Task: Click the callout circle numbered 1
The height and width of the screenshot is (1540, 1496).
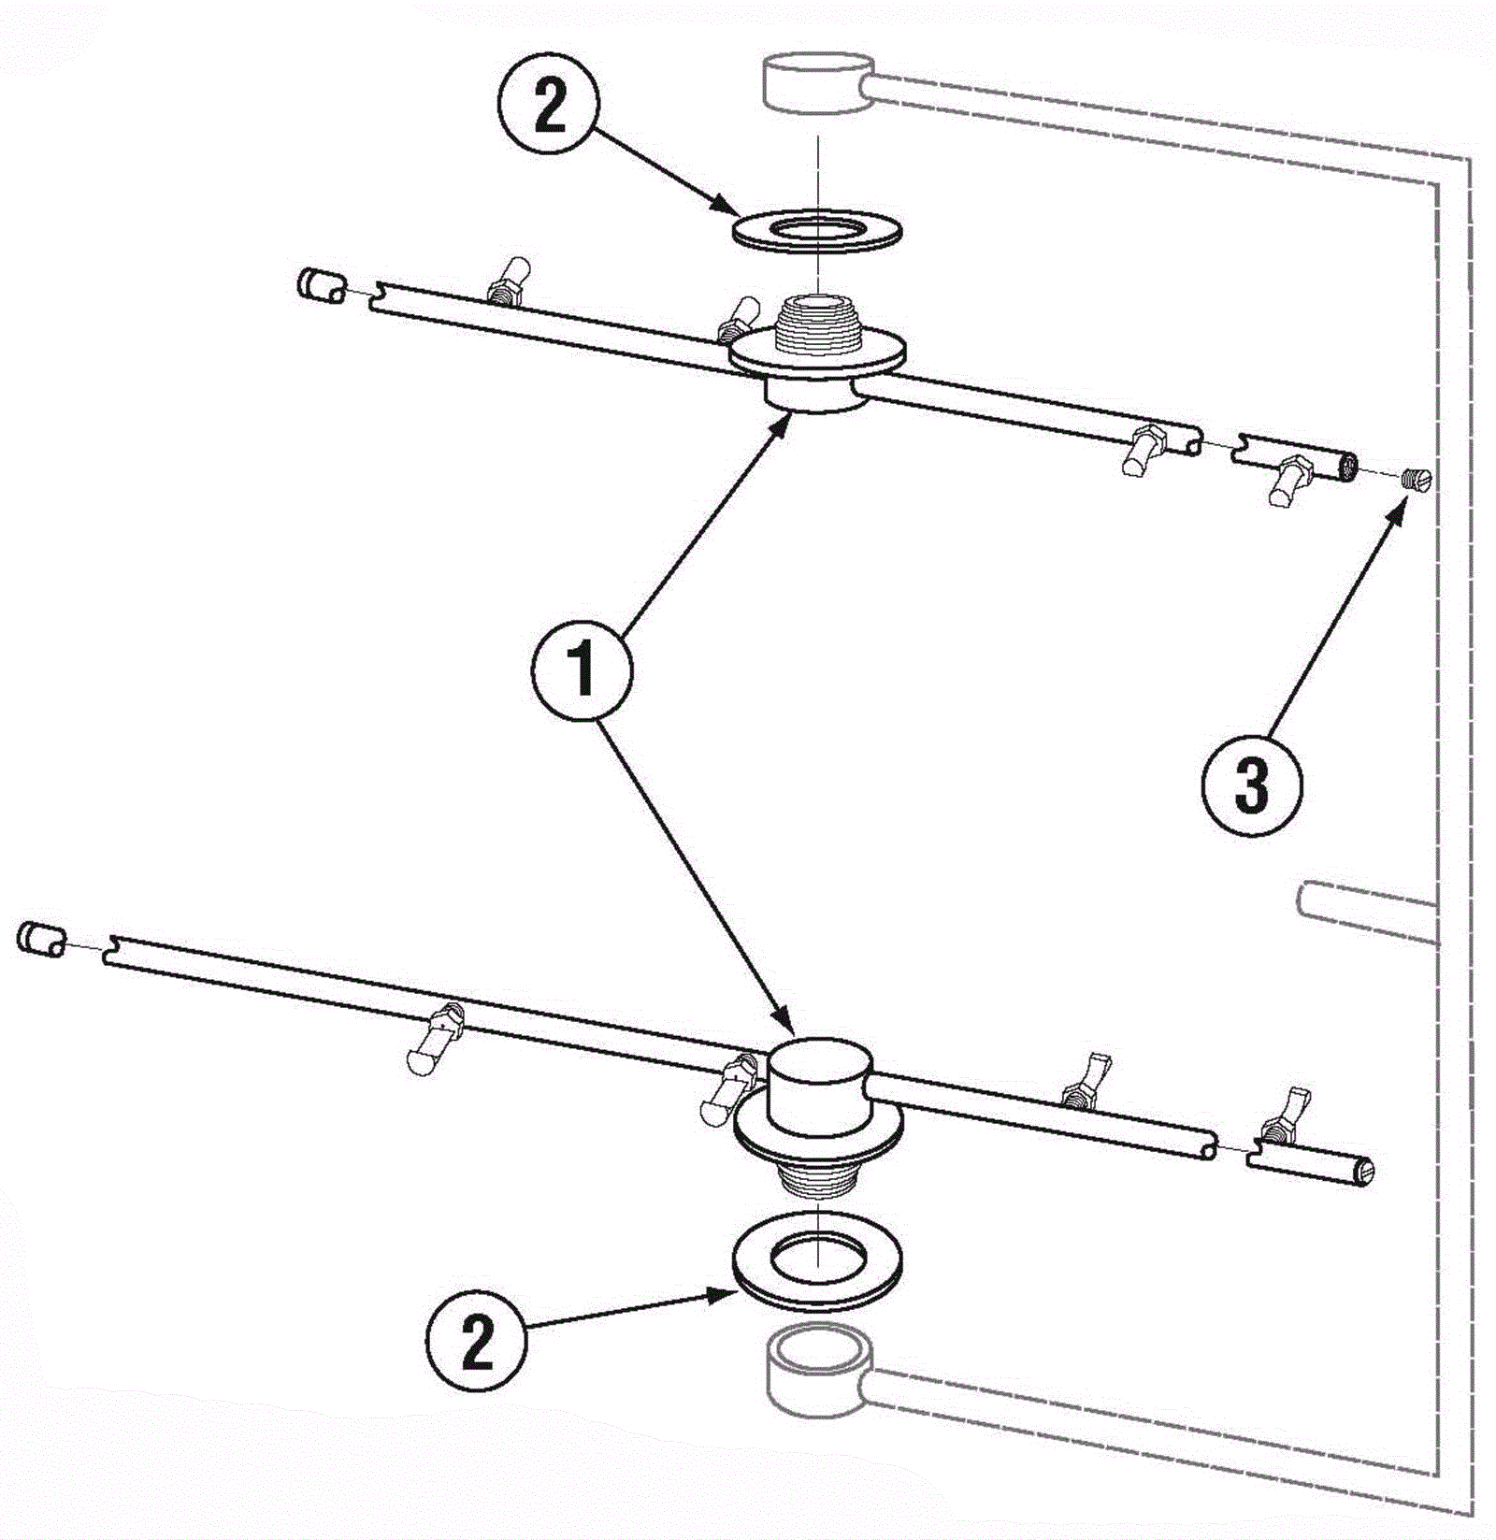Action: [x=582, y=669]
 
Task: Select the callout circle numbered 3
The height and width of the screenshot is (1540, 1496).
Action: [x=1251, y=784]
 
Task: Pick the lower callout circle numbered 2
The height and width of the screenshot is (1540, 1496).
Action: [x=477, y=1344]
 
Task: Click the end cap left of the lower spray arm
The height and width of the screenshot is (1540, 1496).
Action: [x=40, y=938]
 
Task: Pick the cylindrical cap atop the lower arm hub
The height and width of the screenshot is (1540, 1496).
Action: [x=820, y=1083]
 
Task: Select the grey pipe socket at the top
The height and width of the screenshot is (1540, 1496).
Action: [x=818, y=82]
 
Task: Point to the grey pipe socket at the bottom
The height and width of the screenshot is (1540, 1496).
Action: [x=818, y=1370]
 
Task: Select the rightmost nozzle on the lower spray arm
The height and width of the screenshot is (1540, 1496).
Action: [x=1283, y=1115]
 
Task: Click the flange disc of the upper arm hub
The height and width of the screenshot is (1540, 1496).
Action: [x=818, y=355]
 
